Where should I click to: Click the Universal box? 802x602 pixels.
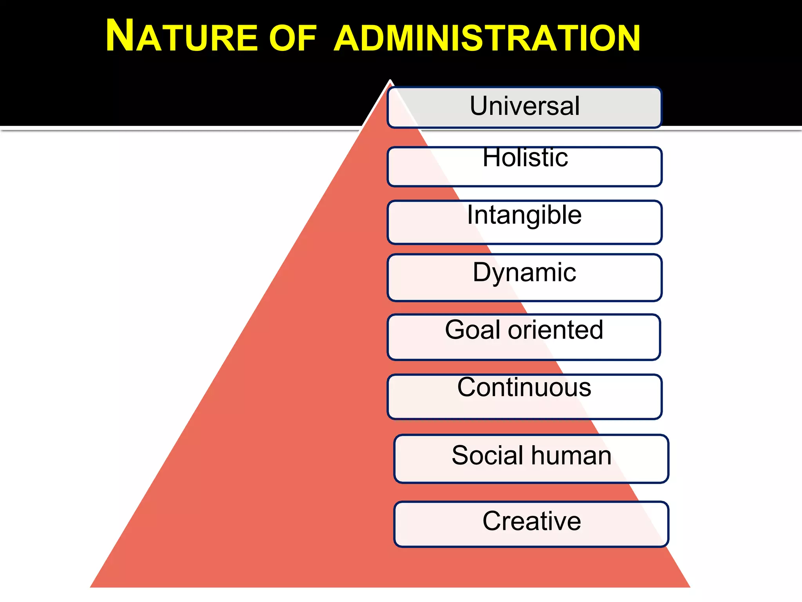coord(524,107)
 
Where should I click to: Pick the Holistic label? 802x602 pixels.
coord(525,158)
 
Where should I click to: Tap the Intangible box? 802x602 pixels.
coord(524,222)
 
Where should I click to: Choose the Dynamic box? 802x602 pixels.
coord(524,277)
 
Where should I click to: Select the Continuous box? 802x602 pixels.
coord(524,397)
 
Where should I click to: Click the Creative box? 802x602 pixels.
coord(531,524)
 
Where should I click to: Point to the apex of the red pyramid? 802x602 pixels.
coord(390,81)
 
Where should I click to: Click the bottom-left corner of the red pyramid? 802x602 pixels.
coord(91,587)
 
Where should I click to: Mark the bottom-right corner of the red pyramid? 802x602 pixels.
coord(690,587)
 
